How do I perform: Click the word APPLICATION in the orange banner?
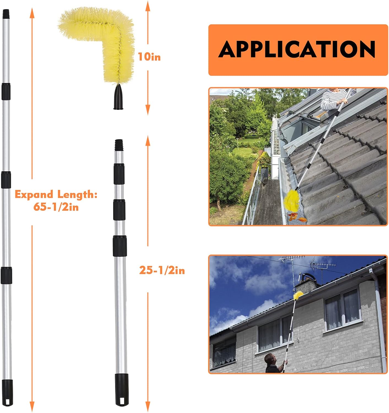click(297, 49)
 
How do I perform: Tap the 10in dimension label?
click(149, 57)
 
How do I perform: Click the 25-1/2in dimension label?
click(162, 270)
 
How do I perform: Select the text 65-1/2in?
click(56, 206)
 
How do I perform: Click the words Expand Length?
click(56, 194)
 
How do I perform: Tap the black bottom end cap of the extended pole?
click(7, 393)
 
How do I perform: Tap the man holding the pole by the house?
click(271, 363)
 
